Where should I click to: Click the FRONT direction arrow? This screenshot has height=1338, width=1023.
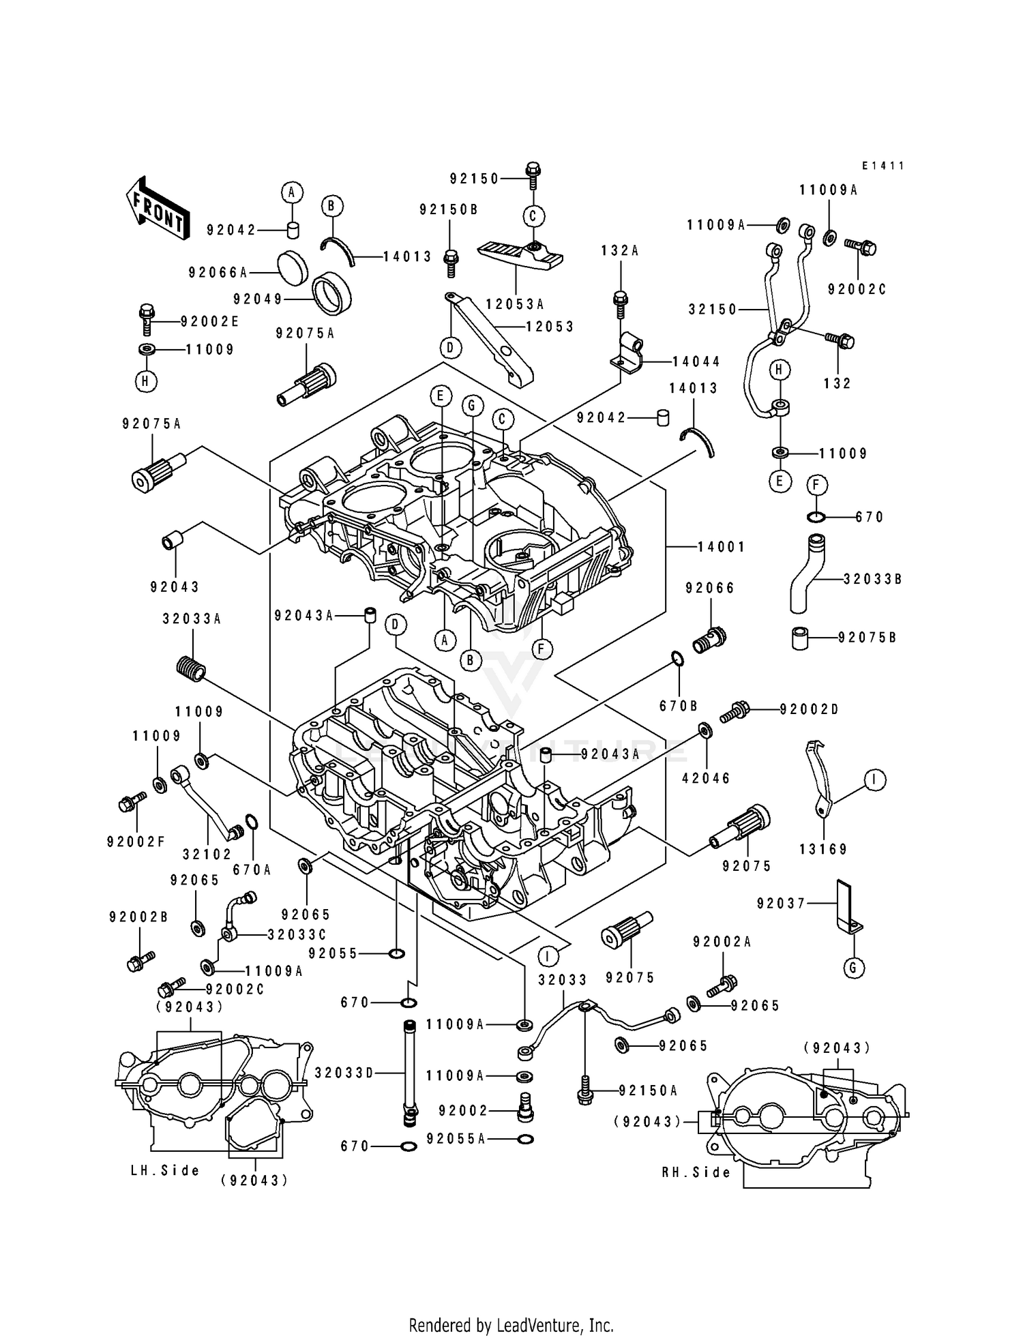[x=155, y=207]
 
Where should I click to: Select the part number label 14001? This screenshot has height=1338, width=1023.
[x=721, y=547]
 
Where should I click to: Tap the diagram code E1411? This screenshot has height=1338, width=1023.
[x=883, y=166]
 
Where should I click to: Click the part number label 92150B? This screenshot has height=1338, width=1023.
[x=449, y=210]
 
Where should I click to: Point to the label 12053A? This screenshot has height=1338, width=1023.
[x=515, y=304]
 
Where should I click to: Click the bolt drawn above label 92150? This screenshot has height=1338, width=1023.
[x=533, y=170]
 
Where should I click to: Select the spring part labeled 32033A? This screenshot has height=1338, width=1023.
[x=190, y=666]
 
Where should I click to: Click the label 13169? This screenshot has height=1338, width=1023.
[x=823, y=849]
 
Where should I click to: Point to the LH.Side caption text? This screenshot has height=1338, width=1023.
[x=166, y=1170]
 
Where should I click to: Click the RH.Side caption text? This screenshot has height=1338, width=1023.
[x=696, y=1172]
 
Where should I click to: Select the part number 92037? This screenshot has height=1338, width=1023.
[x=781, y=903]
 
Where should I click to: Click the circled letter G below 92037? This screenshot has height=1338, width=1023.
[x=853, y=967]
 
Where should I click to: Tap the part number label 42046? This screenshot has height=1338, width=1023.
[x=706, y=778]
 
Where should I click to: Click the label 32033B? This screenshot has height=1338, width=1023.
[x=872, y=579]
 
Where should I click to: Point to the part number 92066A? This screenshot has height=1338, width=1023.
[x=218, y=273]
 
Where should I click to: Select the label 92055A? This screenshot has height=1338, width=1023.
[x=456, y=1139]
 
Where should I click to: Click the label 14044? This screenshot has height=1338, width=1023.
[x=696, y=361]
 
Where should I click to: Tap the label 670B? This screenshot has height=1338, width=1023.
[x=679, y=706]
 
